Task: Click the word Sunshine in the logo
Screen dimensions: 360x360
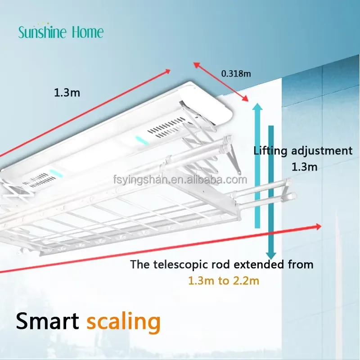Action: (x=42, y=32)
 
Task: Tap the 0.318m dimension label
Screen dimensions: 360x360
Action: (x=236, y=73)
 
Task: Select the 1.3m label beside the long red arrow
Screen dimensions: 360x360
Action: (x=67, y=93)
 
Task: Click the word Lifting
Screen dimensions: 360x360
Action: (x=270, y=151)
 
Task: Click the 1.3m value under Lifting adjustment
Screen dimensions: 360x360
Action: (x=305, y=167)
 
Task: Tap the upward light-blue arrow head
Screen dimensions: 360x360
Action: (x=257, y=107)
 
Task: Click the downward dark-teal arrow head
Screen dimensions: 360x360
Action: (x=271, y=255)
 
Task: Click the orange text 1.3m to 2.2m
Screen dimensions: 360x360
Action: (x=224, y=281)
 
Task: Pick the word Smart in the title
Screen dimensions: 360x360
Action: (x=48, y=321)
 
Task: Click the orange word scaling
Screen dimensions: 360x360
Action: (x=123, y=322)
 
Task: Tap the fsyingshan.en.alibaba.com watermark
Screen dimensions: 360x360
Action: (x=180, y=179)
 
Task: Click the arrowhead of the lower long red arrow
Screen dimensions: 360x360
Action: (x=319, y=227)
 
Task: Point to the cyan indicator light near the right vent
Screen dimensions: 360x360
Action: (x=140, y=140)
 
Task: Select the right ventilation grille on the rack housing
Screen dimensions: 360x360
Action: (x=166, y=128)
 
